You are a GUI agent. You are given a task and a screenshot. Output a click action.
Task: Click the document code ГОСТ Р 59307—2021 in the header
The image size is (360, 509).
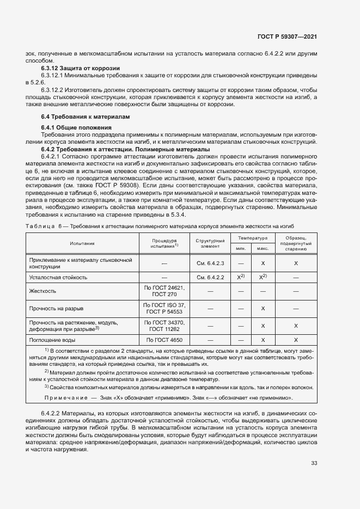(x=287, y=36)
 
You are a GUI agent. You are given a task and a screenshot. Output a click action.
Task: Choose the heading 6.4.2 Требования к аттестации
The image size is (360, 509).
(x=126, y=149)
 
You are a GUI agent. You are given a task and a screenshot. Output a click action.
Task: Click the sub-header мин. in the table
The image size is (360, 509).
(x=240, y=249)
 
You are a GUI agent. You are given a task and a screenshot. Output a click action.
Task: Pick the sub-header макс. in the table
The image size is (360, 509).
(x=263, y=249)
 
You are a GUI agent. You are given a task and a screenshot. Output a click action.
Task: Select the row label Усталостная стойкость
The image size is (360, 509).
(x=58, y=277)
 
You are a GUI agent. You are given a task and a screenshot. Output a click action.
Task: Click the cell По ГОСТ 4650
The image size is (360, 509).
(x=164, y=340)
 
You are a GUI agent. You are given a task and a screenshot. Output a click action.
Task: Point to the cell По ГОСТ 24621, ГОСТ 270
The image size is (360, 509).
(x=164, y=291)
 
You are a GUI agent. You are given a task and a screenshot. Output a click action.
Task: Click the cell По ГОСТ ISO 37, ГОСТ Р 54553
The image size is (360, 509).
(x=164, y=308)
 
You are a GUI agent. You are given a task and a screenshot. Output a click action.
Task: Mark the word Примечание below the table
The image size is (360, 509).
(x=66, y=398)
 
